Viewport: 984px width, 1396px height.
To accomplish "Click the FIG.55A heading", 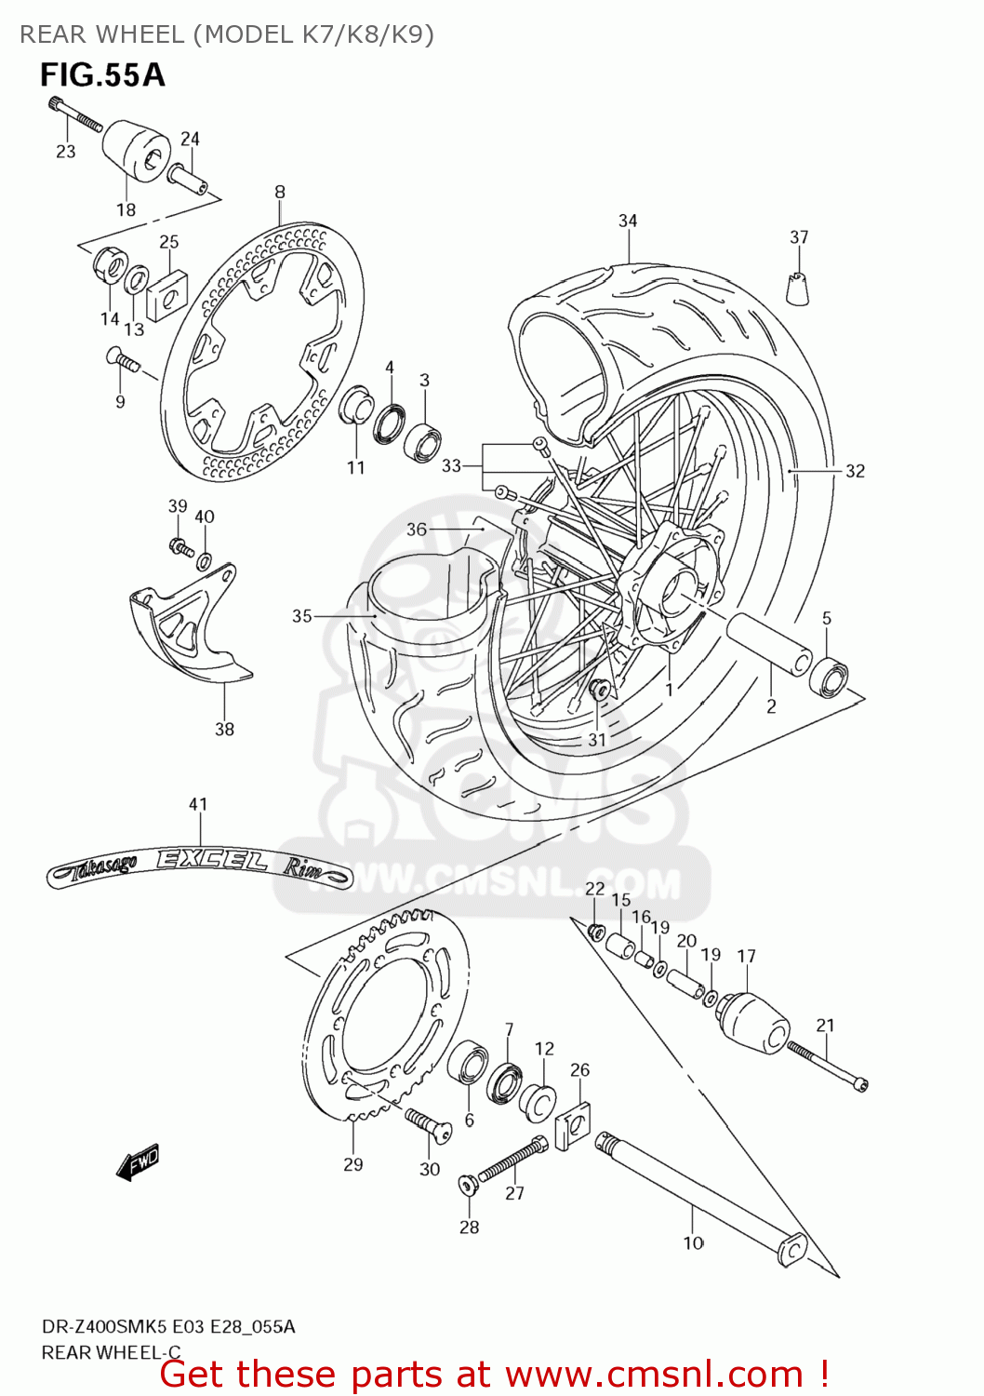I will pos(102,74).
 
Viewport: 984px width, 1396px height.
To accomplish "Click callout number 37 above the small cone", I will pos(799,237).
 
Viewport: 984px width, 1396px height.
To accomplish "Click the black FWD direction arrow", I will pos(139,1162).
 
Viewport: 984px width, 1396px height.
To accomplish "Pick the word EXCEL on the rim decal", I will pos(212,860).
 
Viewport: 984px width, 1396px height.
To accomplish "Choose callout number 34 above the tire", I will pos(628,221).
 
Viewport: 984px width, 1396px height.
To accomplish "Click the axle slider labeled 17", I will pos(751,1024).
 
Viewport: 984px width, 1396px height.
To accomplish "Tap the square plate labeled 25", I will pos(167,293).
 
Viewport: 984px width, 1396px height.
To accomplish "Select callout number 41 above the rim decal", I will pos(198,804).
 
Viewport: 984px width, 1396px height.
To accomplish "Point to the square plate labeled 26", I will pos(575,1124).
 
